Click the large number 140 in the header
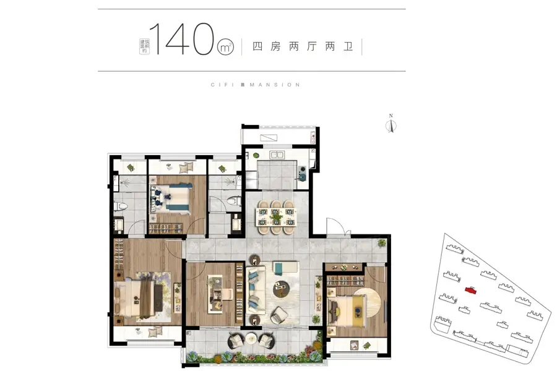coord(182,39)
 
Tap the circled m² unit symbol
coord(225,47)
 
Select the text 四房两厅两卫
coord(302,46)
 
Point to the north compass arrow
coord(391,125)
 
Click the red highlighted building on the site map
coord(471,290)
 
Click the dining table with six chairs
coord(276,217)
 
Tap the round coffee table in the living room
coord(282,289)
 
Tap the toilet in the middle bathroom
coord(234,201)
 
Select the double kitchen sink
coord(277,155)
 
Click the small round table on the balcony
coord(251,339)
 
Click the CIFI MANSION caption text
coord(256,85)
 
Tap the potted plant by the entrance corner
coord(381,243)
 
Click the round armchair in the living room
coord(279,315)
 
